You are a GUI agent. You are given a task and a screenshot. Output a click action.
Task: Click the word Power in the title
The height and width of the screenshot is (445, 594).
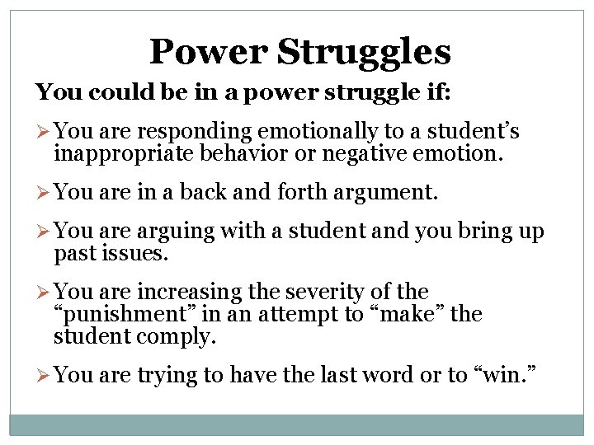coord(208,51)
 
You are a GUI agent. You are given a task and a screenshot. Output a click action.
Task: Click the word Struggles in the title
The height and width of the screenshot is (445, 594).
coord(364,53)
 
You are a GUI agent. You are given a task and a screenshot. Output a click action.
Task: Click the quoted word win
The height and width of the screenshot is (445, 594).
coord(502,376)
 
